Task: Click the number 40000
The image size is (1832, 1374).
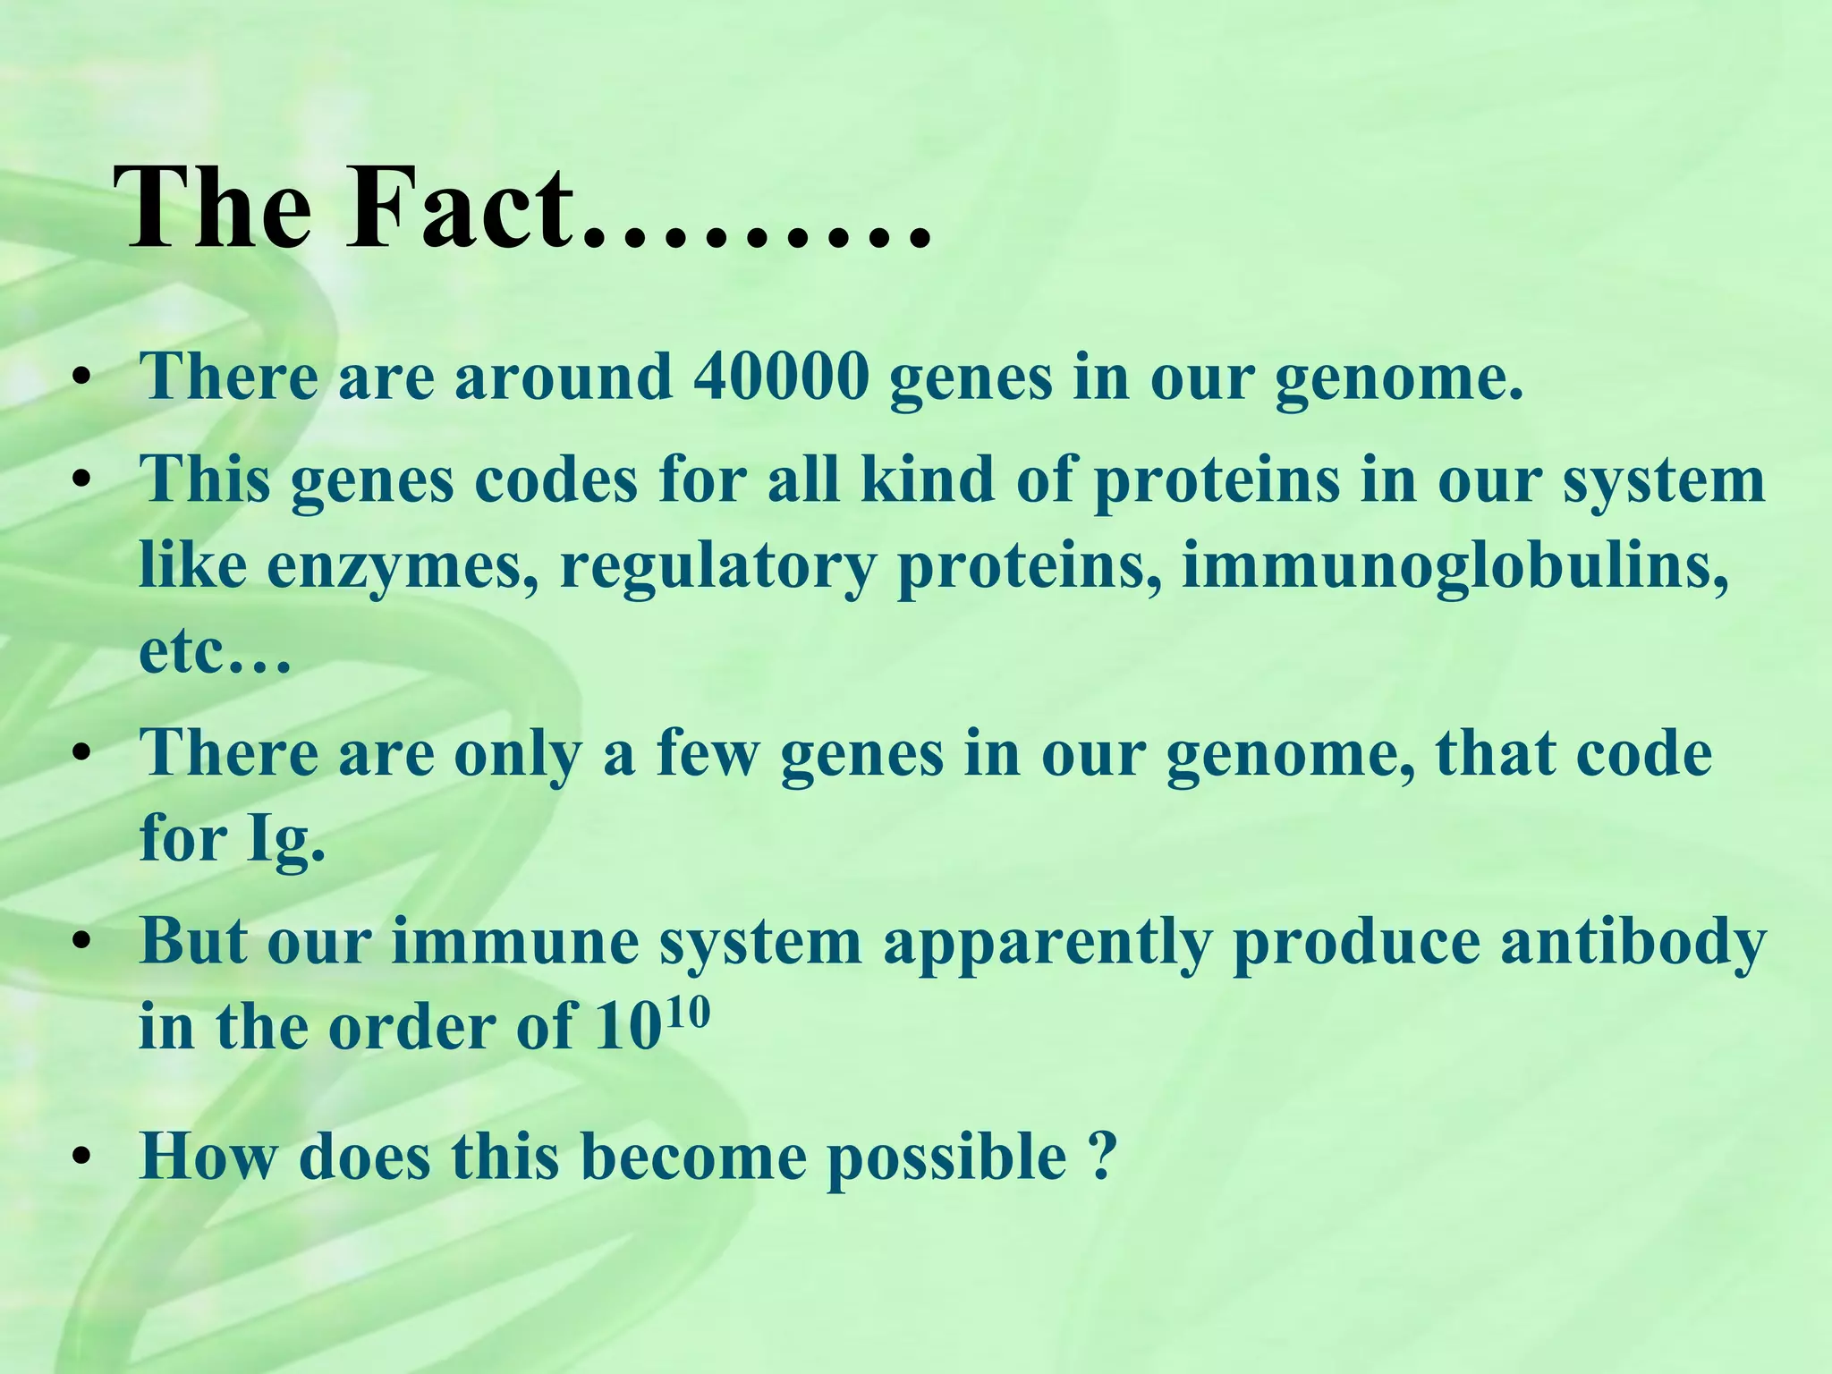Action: click(x=780, y=377)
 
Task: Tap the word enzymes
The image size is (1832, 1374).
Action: click(x=403, y=568)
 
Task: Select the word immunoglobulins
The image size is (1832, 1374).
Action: click(x=1455, y=566)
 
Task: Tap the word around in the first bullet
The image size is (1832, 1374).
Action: click(x=563, y=377)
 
